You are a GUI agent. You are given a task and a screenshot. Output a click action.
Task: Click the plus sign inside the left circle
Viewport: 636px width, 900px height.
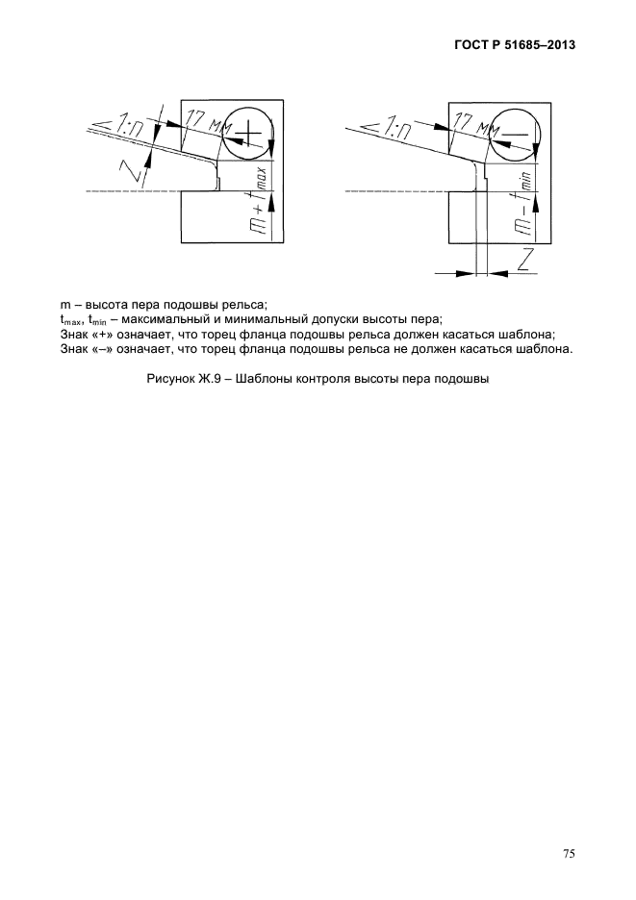(x=248, y=132)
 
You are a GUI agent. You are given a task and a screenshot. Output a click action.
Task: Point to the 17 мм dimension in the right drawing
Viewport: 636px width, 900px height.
(x=475, y=122)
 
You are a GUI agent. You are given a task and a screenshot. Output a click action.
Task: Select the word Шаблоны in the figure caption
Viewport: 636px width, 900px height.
(x=277, y=380)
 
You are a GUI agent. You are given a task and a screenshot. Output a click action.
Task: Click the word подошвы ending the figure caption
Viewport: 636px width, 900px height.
(x=465, y=380)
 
